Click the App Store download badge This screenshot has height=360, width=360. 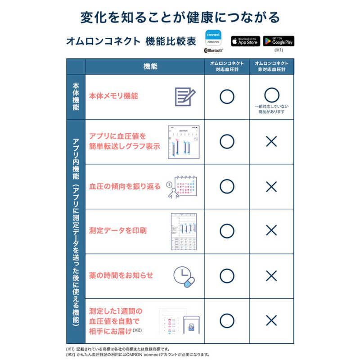245,41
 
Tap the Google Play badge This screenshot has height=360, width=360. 279,41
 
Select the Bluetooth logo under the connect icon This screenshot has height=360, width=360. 213,51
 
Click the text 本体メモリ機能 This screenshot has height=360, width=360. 113,96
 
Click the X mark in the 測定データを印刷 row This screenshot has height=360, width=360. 271,231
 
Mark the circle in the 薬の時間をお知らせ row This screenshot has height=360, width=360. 227,275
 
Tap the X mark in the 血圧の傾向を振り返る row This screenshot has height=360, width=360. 271,186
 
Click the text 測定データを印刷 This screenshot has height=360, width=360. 117,231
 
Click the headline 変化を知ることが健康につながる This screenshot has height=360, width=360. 180,17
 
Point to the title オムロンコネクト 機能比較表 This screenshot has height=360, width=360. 130,41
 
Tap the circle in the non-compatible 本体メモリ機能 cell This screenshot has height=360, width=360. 271,94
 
